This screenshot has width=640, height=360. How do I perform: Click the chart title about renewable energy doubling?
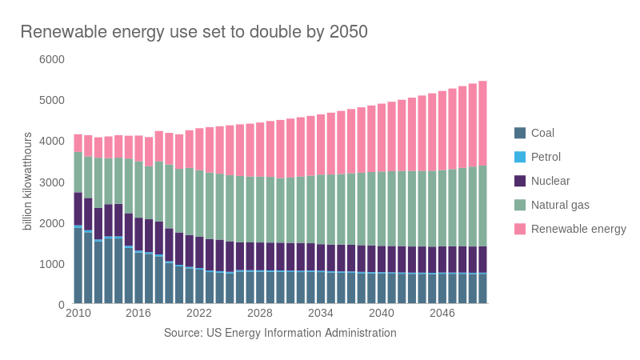point(194,32)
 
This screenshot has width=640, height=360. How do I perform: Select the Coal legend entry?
point(542,133)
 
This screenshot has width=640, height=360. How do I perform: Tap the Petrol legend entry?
point(546,157)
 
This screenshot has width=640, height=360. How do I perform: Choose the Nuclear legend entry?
point(550,181)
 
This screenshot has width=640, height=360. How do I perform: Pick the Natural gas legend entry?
point(560,205)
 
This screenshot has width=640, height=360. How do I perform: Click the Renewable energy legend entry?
point(578,229)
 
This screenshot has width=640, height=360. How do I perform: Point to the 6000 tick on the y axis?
point(52,59)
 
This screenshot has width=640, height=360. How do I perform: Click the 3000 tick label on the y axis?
point(52,182)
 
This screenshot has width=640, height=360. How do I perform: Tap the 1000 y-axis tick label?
point(52,264)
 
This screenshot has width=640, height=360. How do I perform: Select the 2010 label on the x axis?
point(78,313)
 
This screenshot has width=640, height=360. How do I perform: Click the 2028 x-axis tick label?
point(260,313)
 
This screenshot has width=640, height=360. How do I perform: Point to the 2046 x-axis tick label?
point(442,313)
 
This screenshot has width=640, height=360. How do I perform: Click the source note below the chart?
point(280,332)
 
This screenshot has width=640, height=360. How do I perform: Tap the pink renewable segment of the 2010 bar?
point(78,142)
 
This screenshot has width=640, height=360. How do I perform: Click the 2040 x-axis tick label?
point(382,313)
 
